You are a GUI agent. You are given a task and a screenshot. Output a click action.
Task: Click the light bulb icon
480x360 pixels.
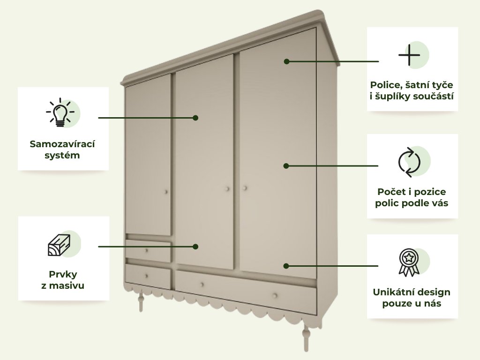click(60, 113)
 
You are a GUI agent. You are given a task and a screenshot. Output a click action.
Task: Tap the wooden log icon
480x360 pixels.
click(59, 244)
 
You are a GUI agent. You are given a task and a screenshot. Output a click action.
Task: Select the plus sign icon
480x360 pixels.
click(409, 56)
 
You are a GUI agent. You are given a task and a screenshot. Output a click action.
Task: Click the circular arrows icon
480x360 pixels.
click(409, 162)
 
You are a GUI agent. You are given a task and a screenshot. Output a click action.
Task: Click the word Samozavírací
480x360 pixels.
click(62, 144)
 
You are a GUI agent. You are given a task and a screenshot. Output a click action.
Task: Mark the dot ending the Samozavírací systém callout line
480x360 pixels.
click(195, 118)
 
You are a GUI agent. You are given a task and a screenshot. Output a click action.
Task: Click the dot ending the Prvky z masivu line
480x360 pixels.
click(196, 246)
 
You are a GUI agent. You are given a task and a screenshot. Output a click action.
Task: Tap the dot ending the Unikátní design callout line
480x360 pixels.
click(286, 266)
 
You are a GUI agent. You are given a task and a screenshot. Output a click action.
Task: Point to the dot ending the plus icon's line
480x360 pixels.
click(286, 61)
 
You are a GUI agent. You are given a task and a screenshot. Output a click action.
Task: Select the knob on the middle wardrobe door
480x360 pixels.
click(227, 188)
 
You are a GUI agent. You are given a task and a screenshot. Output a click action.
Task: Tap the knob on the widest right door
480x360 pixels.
click(244, 188)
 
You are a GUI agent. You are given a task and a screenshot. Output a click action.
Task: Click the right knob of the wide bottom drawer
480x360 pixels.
click(275, 295)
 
